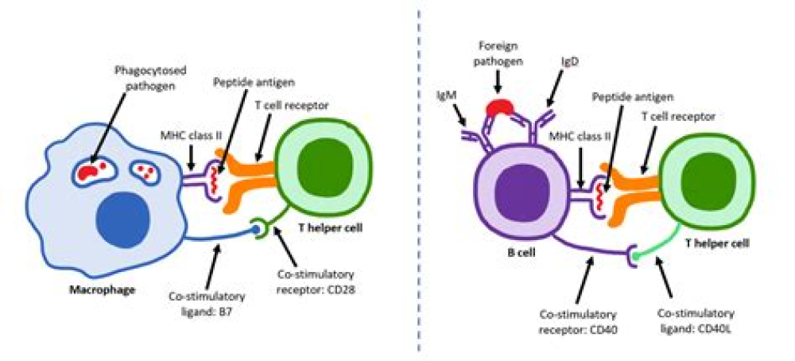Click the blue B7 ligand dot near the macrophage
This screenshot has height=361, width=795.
(257, 229)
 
